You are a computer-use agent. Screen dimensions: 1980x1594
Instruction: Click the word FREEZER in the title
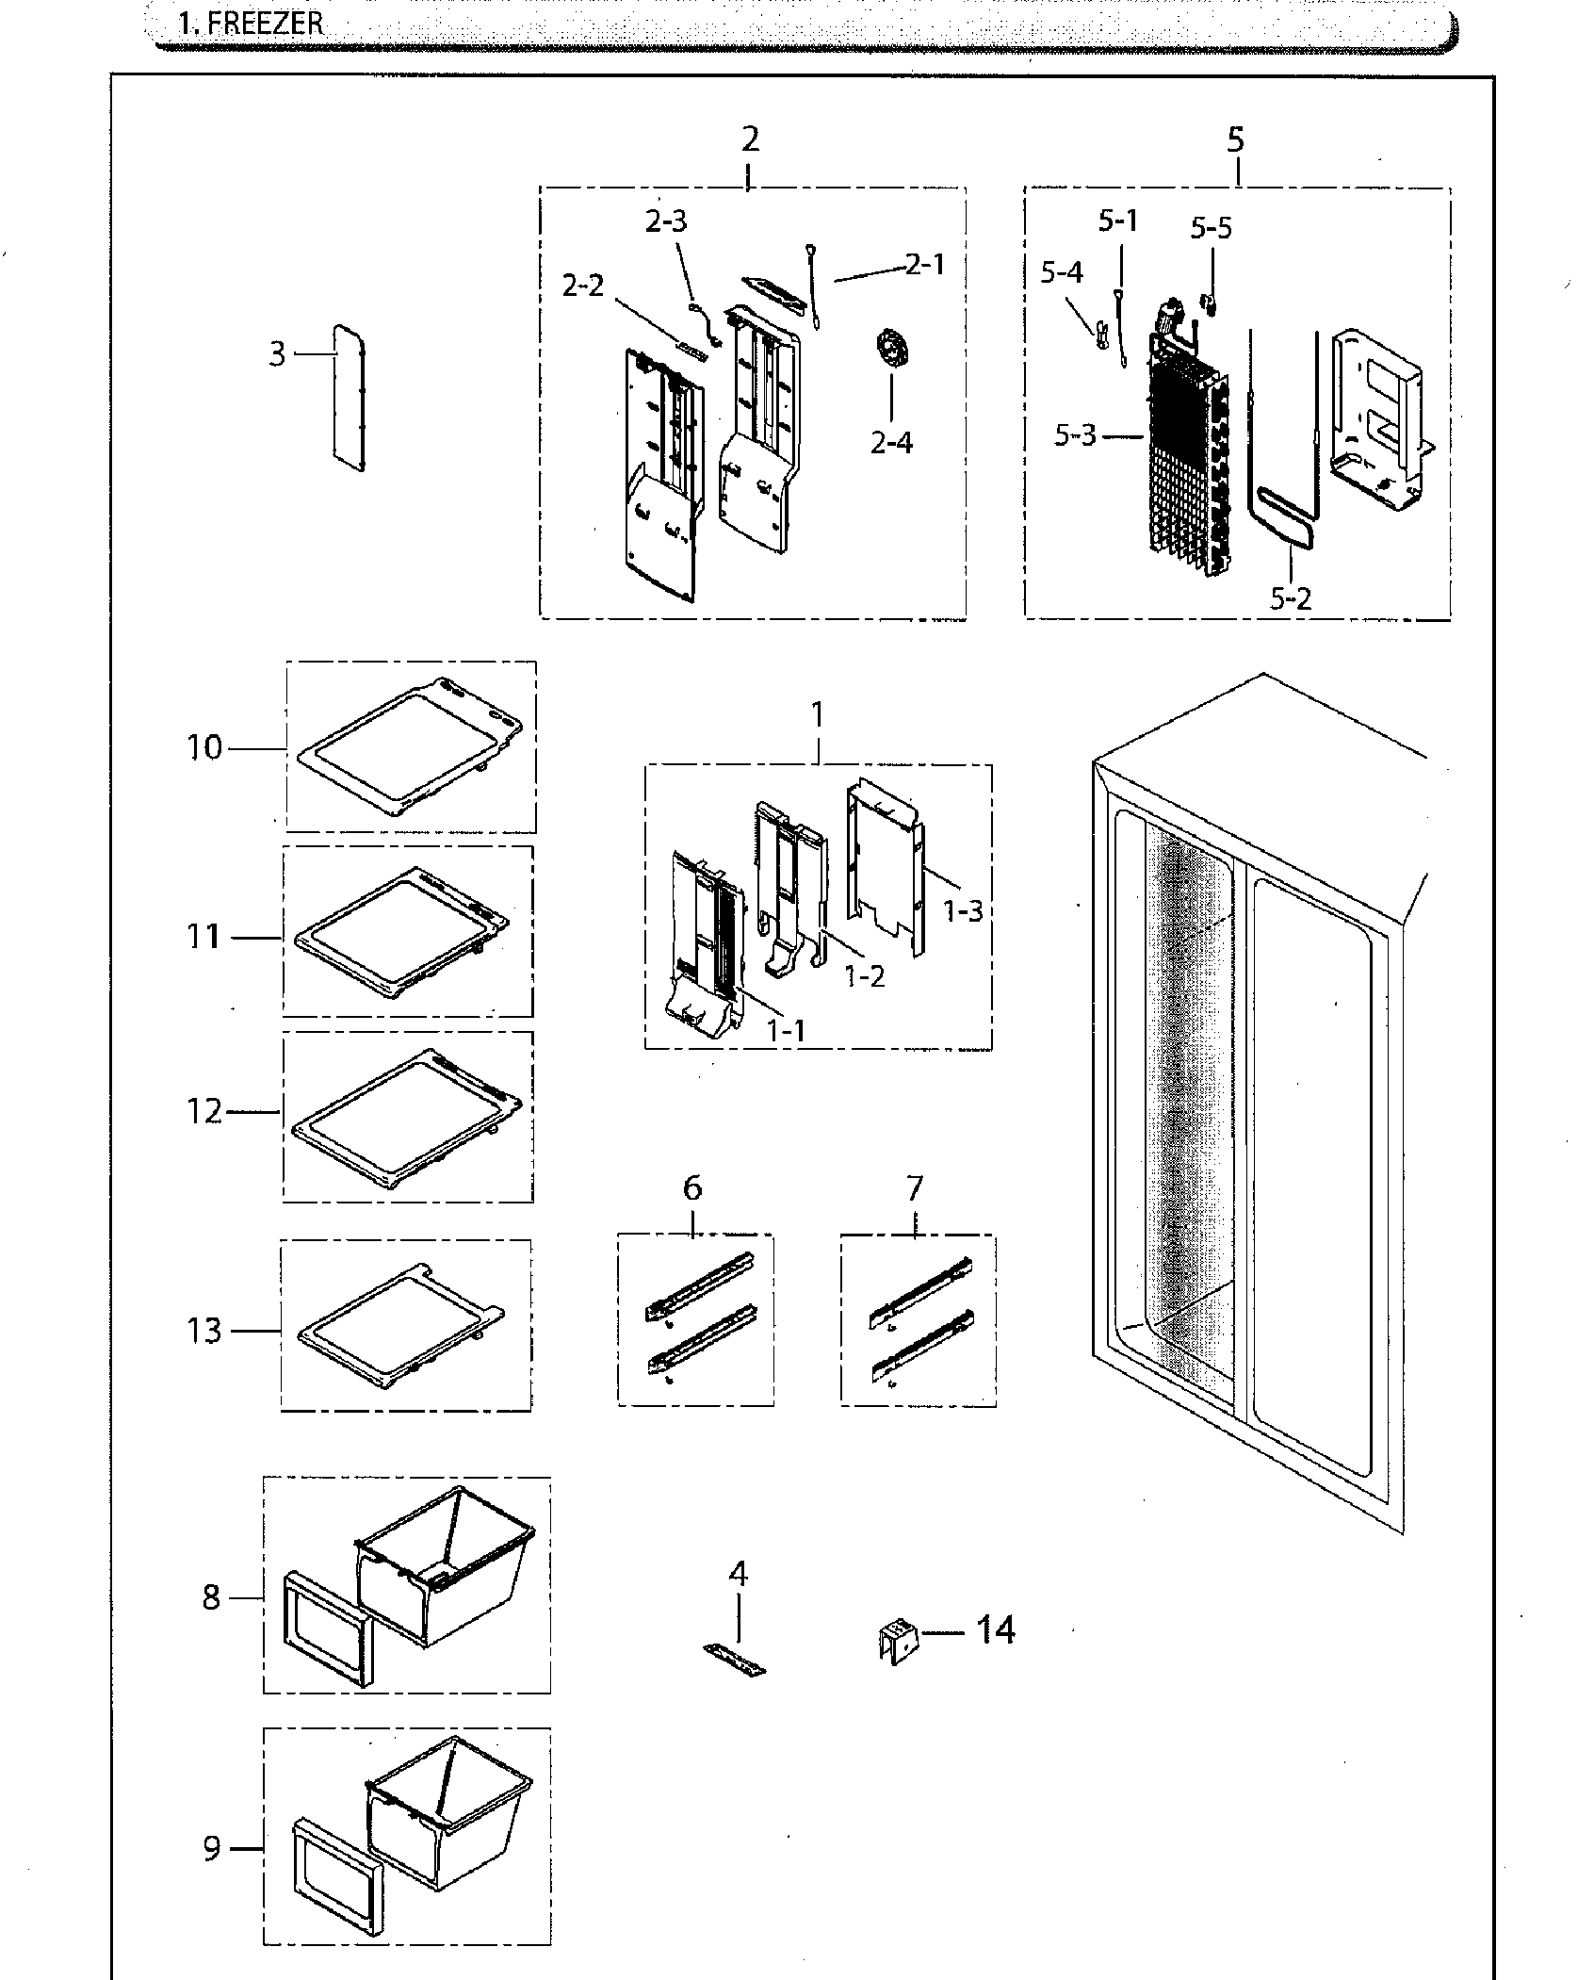pos(265,23)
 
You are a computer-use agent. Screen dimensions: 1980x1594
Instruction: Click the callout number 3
pos(277,354)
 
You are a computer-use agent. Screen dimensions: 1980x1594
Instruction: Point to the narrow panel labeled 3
pos(349,398)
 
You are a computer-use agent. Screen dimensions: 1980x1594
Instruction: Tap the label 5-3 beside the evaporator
pos(1075,436)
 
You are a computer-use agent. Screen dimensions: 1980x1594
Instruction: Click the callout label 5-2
pos(1290,597)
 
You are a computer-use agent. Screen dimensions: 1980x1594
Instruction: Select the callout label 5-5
pos(1211,228)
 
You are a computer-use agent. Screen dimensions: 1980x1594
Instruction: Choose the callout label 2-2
pos(583,286)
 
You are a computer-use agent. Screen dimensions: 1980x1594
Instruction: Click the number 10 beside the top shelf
pos(203,748)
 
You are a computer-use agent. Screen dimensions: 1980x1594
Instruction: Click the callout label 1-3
pos(964,911)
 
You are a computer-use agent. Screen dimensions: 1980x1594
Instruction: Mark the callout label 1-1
pos(786,1031)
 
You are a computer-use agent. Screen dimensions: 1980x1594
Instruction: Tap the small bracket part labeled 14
pos(897,1642)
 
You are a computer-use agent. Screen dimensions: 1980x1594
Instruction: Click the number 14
pos(995,1629)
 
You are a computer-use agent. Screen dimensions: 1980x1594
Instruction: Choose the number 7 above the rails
pos(915,1188)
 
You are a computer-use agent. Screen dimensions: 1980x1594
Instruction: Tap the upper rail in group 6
pos(700,1283)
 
